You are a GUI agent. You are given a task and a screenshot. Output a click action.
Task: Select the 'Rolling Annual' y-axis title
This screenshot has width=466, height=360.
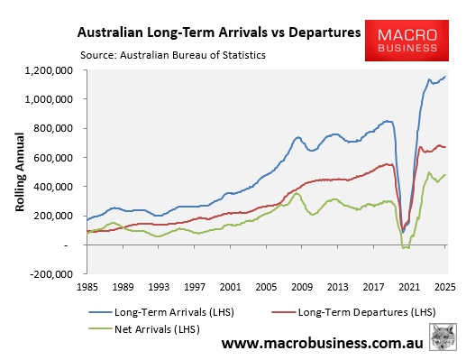(19, 171)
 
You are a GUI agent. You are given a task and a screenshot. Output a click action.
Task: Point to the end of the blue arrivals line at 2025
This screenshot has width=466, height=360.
(445, 77)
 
